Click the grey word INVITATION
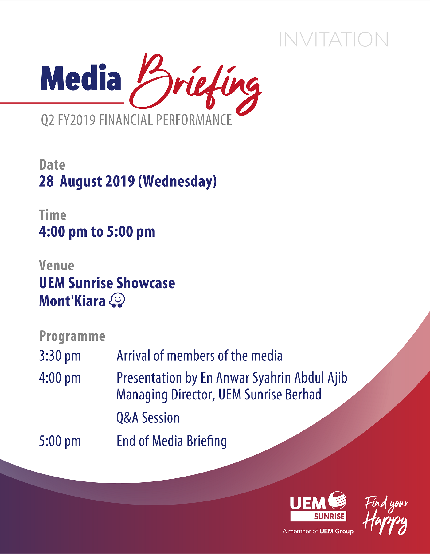point(334,39)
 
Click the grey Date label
point(52,165)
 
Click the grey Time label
point(53,215)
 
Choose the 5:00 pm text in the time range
point(131,232)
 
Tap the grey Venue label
point(57,265)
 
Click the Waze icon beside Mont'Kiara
point(117,300)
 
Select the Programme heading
point(72,336)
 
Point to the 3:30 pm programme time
point(60,356)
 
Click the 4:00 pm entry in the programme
point(60,378)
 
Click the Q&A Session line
point(148,418)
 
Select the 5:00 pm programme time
point(60,441)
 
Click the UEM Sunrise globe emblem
point(337,500)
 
